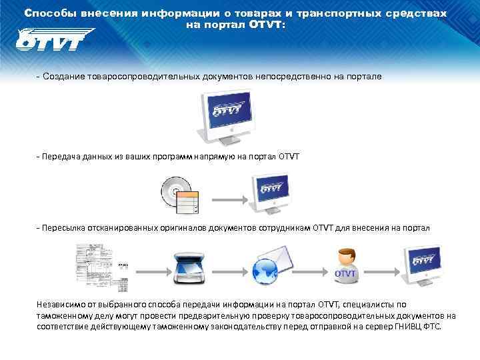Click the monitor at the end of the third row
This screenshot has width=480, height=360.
[422, 261]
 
